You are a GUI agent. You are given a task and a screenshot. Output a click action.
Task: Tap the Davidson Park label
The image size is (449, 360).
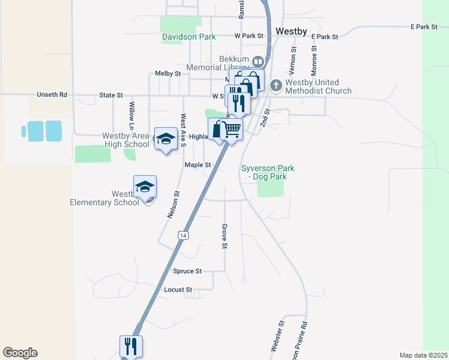188,37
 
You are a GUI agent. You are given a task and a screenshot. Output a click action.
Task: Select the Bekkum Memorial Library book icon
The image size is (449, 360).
258,61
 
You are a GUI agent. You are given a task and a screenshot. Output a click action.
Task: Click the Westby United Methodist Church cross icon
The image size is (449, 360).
276,85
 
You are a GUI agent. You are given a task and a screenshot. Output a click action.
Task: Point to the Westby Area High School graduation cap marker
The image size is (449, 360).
164,138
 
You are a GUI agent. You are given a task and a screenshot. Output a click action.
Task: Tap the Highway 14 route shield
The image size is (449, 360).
182,236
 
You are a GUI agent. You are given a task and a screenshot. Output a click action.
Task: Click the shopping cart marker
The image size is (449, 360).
232,128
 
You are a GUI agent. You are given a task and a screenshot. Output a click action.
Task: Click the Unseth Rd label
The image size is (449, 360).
52,95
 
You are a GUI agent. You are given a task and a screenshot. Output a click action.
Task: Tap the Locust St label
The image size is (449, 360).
178,290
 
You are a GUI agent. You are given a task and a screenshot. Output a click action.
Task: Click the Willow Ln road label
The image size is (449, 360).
131,115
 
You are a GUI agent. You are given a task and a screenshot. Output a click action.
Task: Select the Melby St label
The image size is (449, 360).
167,73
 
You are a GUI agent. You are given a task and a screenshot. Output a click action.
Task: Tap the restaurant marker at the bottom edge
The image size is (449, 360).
131,346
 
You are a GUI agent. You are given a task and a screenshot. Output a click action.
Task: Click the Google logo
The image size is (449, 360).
20,353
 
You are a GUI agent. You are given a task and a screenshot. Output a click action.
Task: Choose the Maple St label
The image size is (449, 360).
198,164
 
